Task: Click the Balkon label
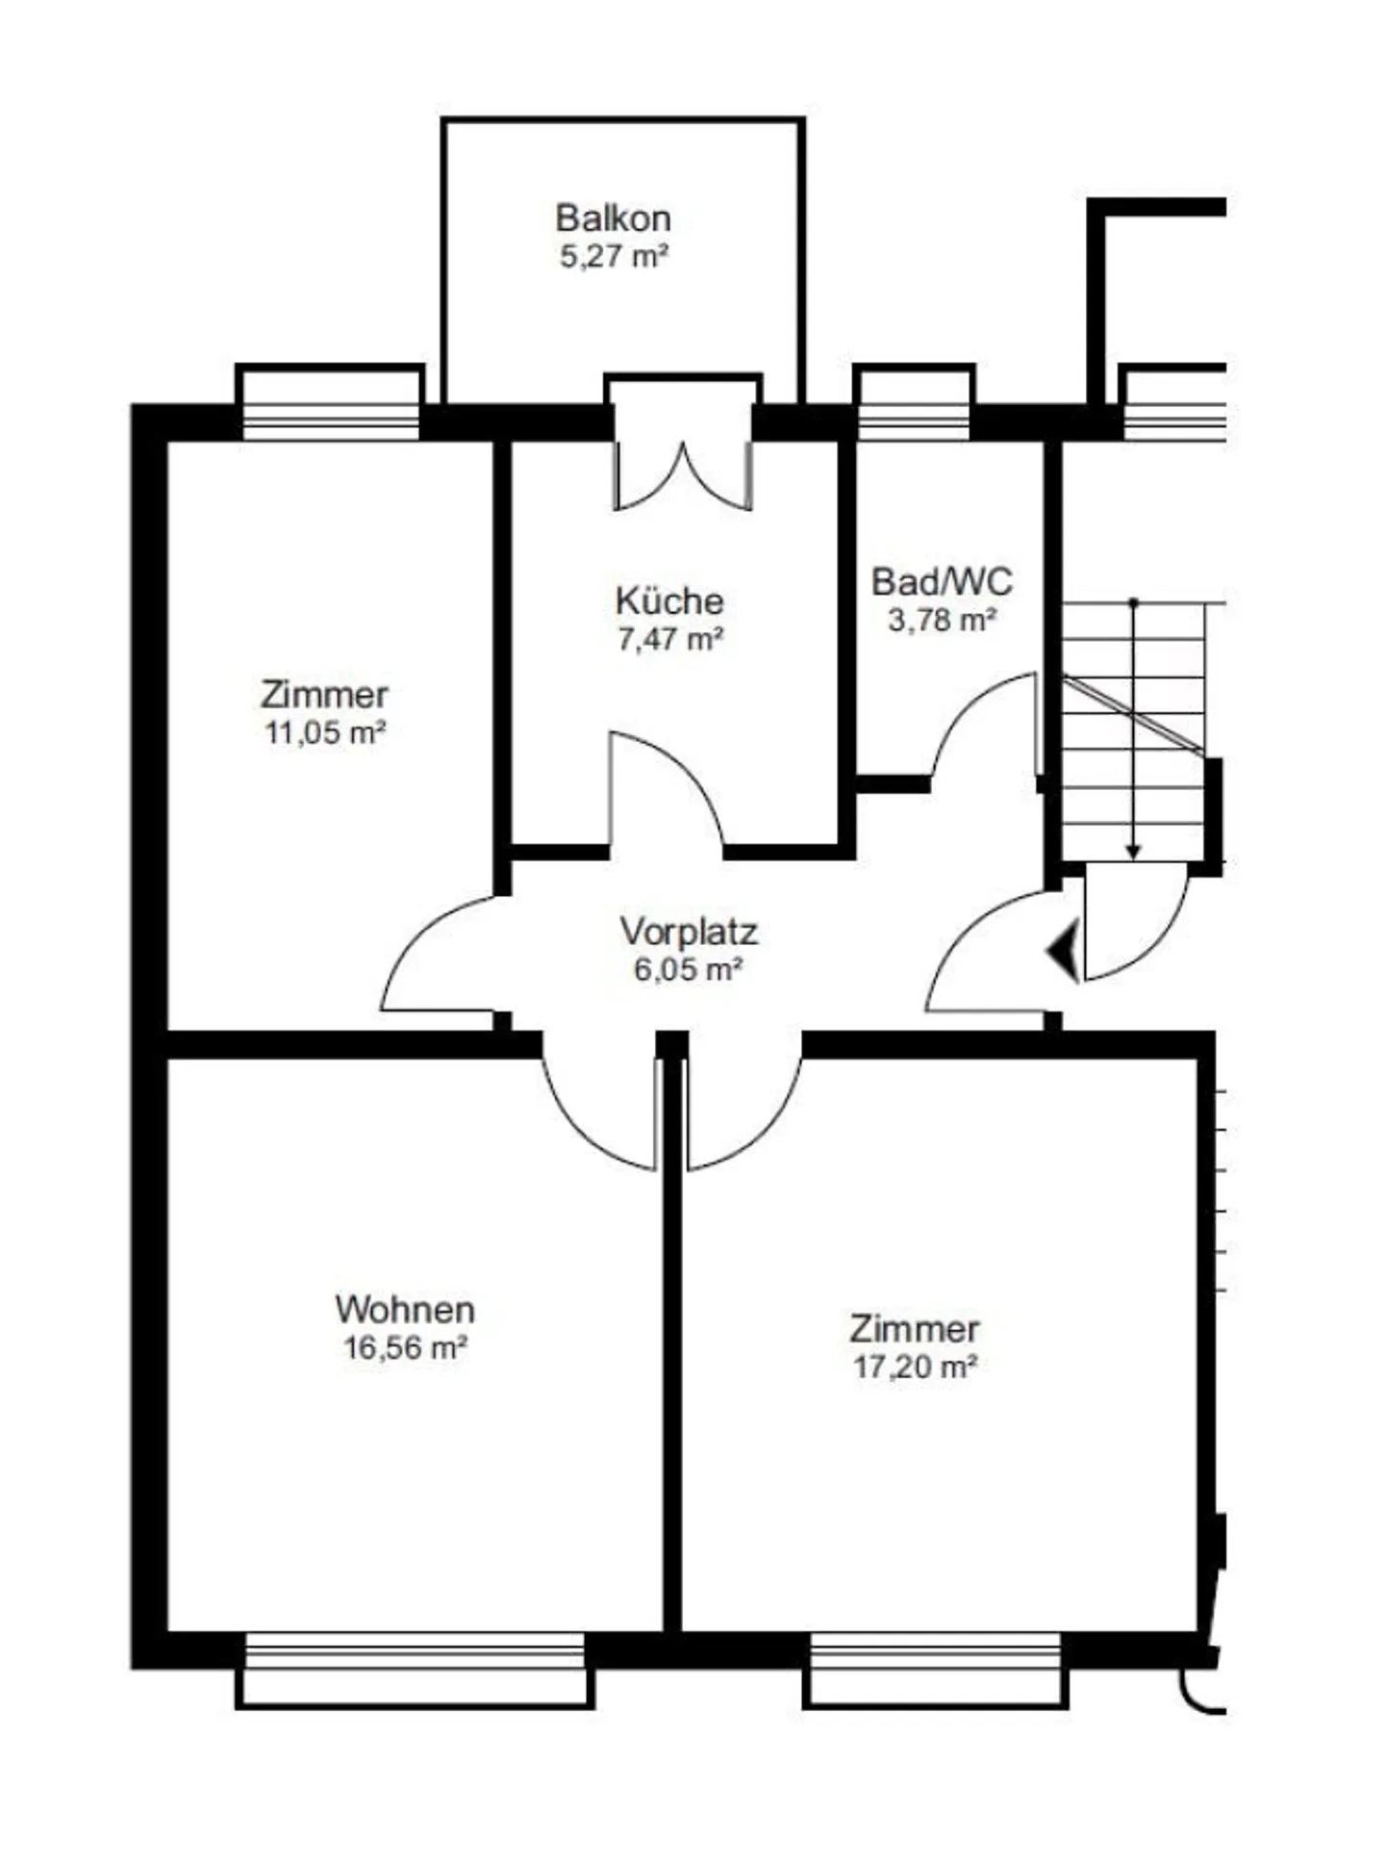click(x=613, y=218)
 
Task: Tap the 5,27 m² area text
click(x=614, y=257)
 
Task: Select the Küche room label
click(x=669, y=600)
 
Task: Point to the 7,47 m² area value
click(x=670, y=639)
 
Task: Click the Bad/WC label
click(x=942, y=581)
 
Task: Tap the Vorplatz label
click(x=689, y=932)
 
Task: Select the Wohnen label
click(x=405, y=1310)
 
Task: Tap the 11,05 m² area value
click(x=325, y=733)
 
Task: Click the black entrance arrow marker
click(x=1065, y=951)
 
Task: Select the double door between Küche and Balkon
click(x=683, y=472)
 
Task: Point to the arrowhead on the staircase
click(x=1134, y=852)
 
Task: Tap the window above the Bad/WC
click(x=914, y=404)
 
